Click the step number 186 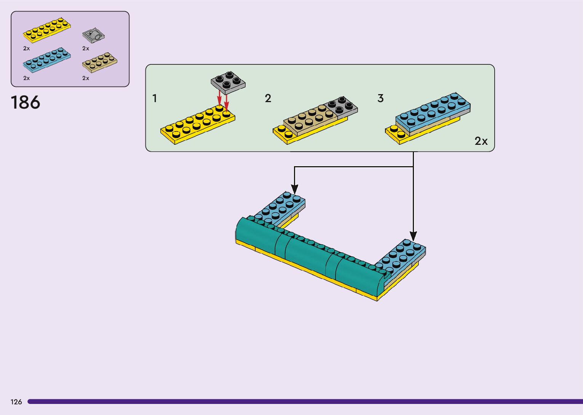26,103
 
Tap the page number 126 16,402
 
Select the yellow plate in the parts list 47,30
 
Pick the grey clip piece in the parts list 94,35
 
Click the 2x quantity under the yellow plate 26,48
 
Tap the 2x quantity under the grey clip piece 86,48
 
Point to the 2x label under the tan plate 86,78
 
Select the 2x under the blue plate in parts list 26,78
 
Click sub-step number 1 155,98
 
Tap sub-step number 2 268,98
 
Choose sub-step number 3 380,98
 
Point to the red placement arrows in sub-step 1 223,100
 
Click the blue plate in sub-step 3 433,112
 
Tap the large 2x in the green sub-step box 481,141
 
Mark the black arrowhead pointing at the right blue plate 414,236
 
